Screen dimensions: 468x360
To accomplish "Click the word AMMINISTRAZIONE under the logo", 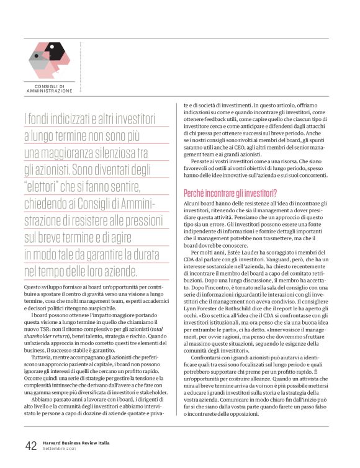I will click(x=50, y=91).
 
